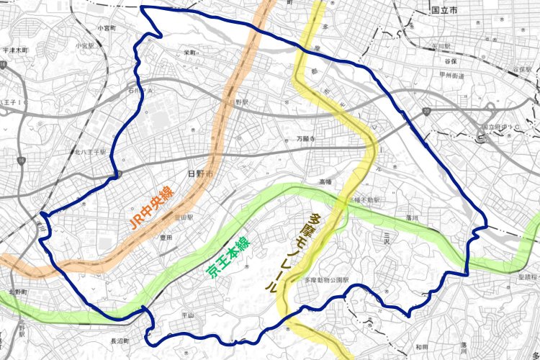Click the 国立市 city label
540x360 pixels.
(446, 12)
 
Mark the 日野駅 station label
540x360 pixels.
(240, 103)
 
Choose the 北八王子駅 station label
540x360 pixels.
(90, 152)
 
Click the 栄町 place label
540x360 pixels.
(190, 53)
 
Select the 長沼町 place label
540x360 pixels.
(119, 341)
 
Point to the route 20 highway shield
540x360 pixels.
(427, 112)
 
